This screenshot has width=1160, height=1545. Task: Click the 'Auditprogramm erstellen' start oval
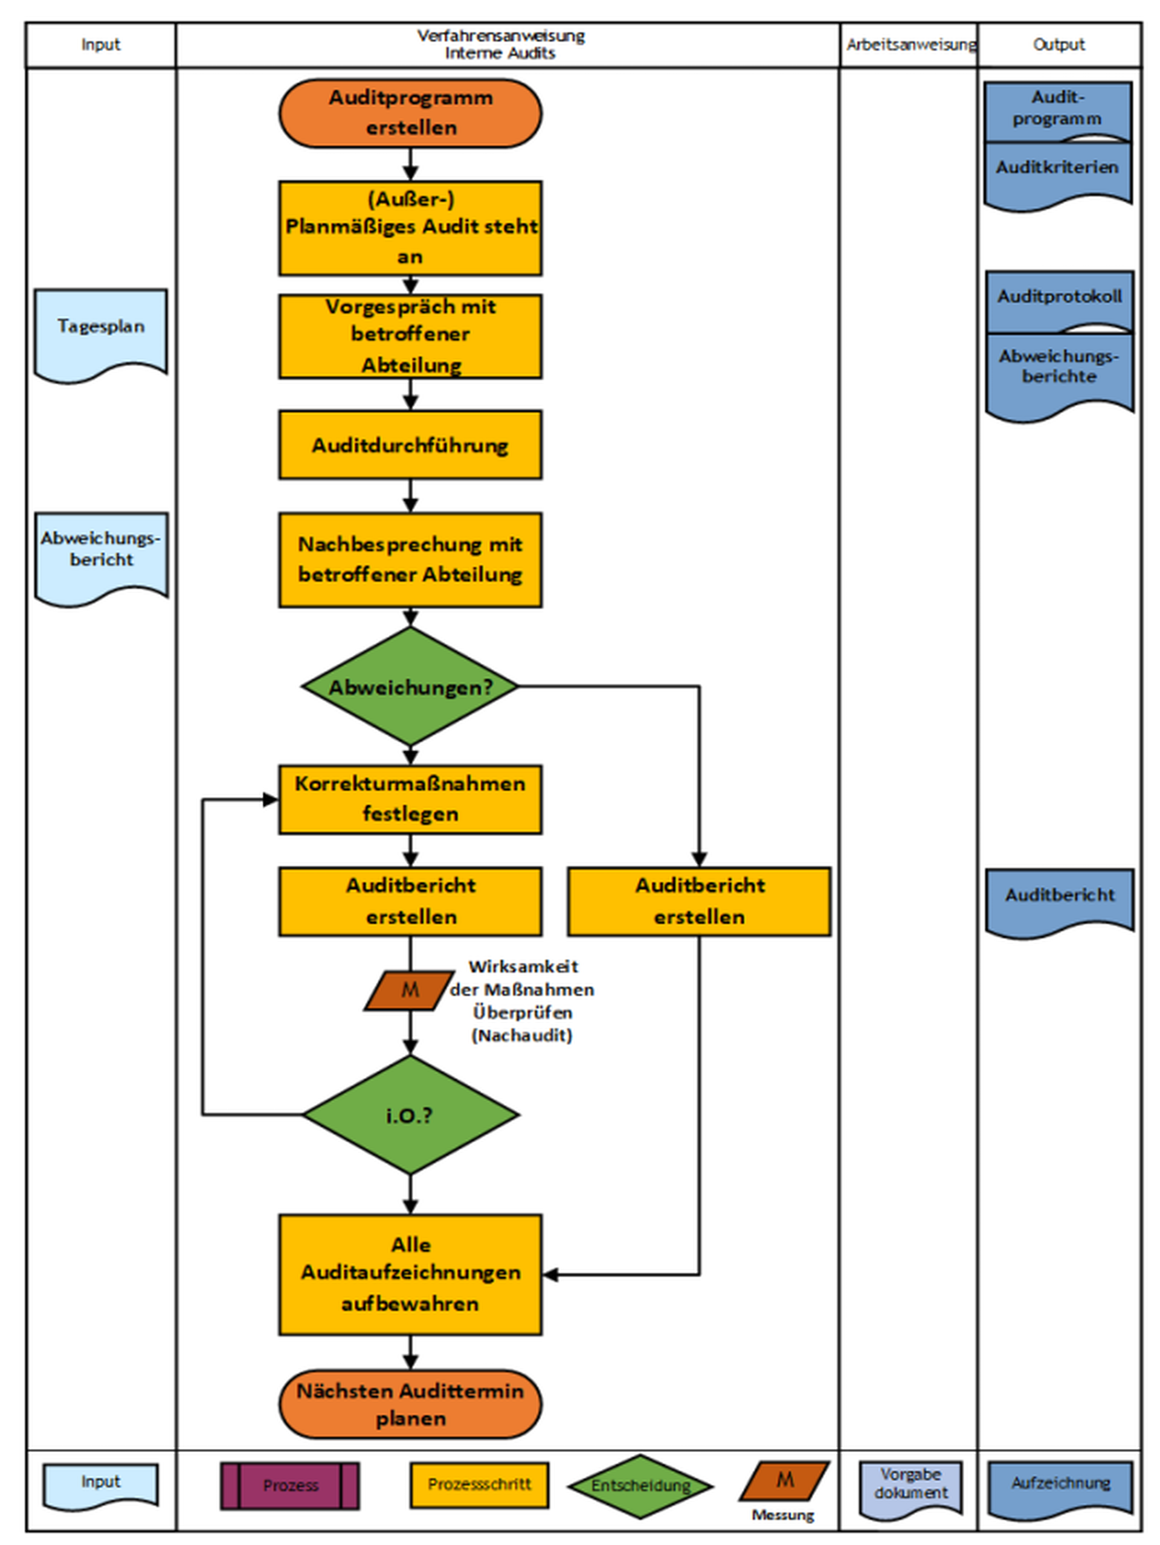(410, 113)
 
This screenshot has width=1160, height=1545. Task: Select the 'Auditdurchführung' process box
(410, 445)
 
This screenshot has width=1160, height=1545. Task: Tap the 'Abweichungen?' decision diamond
(410, 687)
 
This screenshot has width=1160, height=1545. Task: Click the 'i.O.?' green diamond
(410, 1115)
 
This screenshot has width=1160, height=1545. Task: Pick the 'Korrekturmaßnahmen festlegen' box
(410, 799)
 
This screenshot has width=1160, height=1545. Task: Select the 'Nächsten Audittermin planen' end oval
(410, 1404)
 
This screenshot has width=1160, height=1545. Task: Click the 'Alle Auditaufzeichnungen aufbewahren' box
(410, 1274)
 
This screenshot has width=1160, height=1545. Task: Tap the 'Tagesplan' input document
(101, 334)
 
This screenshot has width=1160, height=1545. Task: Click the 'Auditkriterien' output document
(1058, 175)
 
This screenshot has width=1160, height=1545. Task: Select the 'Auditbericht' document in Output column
(1059, 902)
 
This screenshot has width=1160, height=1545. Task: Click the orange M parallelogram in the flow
(410, 990)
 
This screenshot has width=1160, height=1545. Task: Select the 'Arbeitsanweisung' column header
(910, 45)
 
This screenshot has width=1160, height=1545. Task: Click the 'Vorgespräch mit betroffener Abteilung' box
(410, 336)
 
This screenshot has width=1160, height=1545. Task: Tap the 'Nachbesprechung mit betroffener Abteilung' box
(410, 559)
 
